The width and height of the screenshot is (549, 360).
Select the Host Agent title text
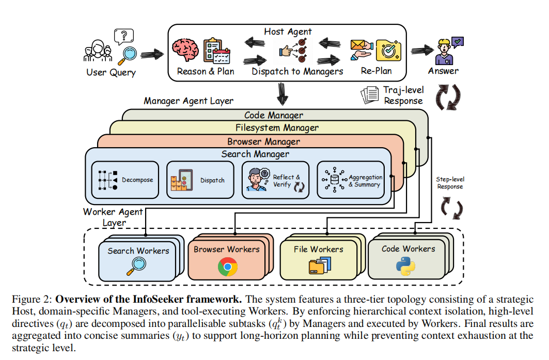click(288, 32)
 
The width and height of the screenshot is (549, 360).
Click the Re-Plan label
click(376, 71)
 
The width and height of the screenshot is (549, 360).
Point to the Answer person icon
click(444, 50)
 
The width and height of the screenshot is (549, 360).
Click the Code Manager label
click(273, 115)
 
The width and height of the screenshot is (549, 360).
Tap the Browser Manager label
click(263, 141)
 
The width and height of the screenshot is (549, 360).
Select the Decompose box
click(125, 180)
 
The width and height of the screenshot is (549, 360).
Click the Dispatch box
click(200, 180)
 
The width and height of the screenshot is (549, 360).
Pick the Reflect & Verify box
click(275, 180)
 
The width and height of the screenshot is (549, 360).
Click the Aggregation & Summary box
click(350, 180)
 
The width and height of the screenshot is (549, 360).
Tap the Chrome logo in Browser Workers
click(227, 267)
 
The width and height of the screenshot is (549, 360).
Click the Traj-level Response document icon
click(370, 95)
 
